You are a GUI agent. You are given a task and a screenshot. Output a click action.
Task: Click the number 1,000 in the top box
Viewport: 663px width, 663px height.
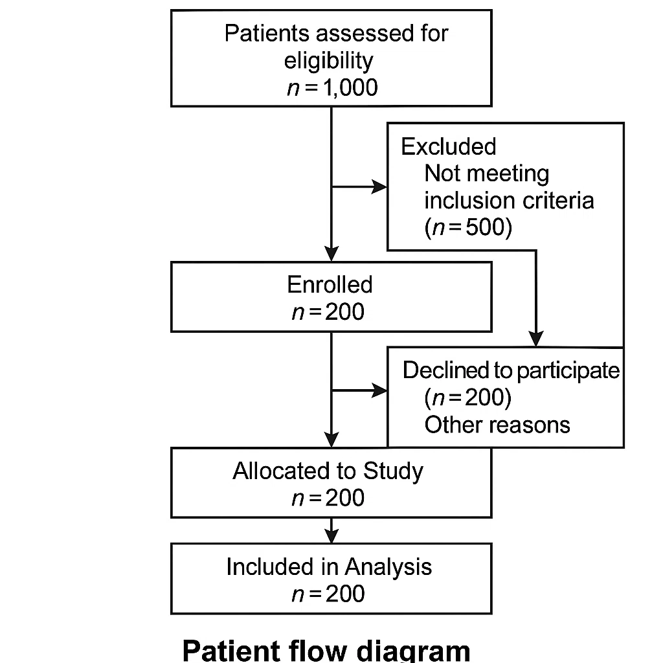[x=350, y=88]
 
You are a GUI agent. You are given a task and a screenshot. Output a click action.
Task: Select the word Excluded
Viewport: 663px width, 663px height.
[x=449, y=146]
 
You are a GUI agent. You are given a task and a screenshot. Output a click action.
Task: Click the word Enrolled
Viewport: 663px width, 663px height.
[x=330, y=284]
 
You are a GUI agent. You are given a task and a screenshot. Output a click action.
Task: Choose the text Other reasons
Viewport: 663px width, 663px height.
[x=497, y=425]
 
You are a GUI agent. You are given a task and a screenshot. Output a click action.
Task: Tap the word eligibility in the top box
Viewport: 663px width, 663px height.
[x=328, y=61]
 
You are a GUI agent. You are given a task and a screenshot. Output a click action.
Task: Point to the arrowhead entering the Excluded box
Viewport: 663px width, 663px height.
[x=379, y=186]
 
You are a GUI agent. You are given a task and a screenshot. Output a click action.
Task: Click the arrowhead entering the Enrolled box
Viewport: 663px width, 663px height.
[x=331, y=254]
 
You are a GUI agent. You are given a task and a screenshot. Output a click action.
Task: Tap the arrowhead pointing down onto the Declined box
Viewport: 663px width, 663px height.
[x=536, y=339]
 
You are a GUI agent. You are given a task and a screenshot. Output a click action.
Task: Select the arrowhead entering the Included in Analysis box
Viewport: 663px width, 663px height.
[x=331, y=536]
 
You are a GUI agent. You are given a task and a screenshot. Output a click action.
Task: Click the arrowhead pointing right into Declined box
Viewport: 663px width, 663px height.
[x=379, y=390]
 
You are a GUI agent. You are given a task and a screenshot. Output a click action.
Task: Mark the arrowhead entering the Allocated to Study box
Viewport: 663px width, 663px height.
[x=331, y=440]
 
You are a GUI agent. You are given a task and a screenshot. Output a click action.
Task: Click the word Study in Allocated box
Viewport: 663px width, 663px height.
[x=393, y=471]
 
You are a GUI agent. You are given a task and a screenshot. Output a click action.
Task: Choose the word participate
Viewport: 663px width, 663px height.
[x=568, y=371]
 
